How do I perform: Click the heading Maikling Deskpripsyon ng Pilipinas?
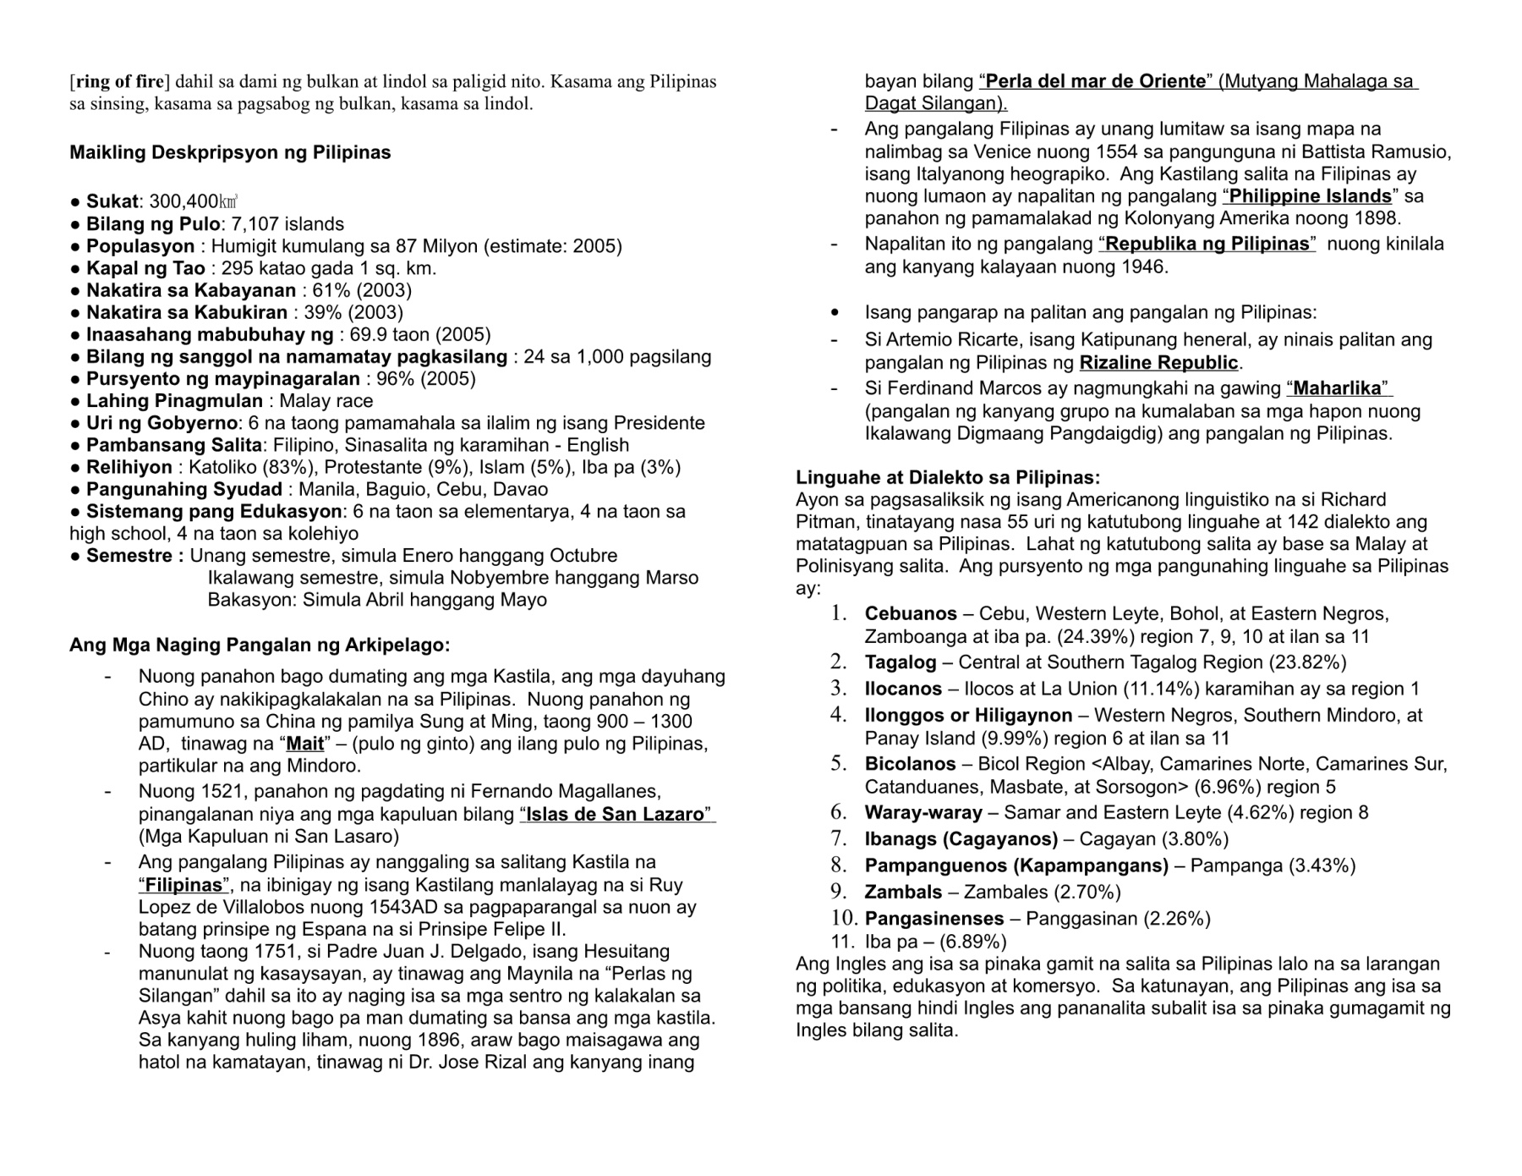(x=230, y=153)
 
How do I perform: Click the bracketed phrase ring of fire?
(x=119, y=82)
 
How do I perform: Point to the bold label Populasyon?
(x=140, y=246)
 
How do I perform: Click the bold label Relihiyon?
(x=129, y=467)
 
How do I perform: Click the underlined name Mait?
(x=305, y=745)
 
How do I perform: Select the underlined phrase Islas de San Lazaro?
(x=615, y=815)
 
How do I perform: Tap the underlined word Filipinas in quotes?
(x=183, y=886)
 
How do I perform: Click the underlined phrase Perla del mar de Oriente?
(x=1096, y=82)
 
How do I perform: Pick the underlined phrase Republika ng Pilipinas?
(x=1207, y=245)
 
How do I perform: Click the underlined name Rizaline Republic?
(x=1158, y=364)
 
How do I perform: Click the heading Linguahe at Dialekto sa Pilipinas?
(x=948, y=477)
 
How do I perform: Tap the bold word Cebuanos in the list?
(x=911, y=614)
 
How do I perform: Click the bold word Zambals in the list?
(x=903, y=893)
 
